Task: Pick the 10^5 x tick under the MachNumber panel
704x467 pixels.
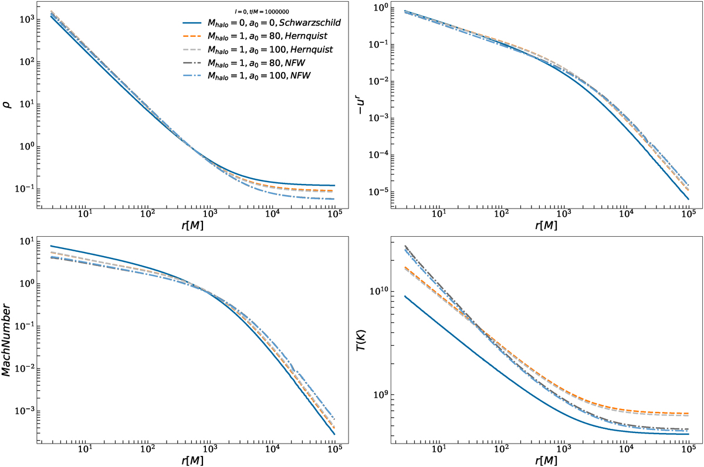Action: click(335, 449)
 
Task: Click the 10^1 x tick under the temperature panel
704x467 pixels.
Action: click(437, 449)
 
